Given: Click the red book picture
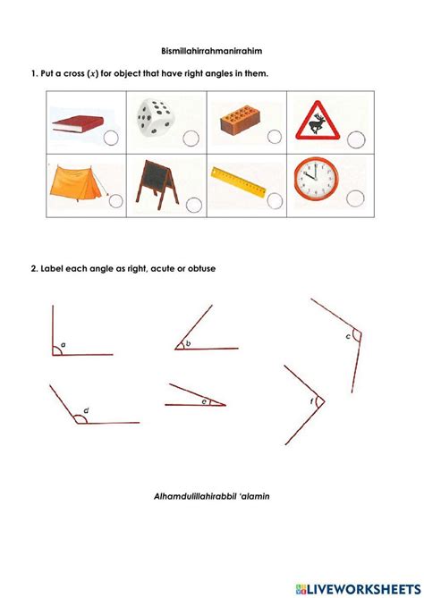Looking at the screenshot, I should point(77,122).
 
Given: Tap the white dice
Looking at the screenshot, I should point(157,121).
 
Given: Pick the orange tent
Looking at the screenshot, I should point(77,181).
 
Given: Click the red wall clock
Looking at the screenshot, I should point(314,180).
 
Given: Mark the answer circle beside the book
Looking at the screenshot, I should point(110,137).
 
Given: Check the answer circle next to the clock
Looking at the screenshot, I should point(356,198).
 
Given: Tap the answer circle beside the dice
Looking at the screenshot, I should point(191,137).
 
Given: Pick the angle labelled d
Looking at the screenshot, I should point(82,417).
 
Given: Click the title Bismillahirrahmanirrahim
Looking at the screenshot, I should point(211,53).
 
